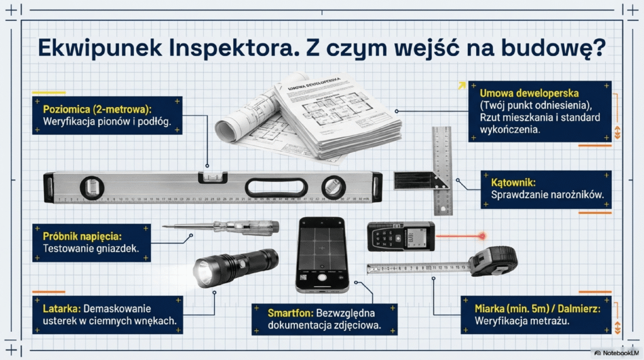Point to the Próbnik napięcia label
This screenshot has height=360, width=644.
coord(80,237)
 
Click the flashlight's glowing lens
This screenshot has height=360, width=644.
coord(203,272)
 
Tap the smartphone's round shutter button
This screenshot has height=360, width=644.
coord(321,277)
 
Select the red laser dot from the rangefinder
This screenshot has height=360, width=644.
coord(482,235)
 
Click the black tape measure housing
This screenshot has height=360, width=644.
coord(496,260)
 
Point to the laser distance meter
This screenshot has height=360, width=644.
coord(401,236)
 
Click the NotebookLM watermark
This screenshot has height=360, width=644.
coord(616,353)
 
